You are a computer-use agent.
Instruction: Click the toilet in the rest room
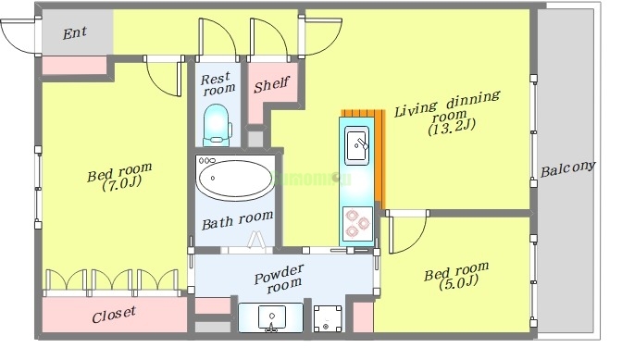point(217,125)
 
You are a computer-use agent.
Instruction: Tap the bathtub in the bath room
point(235,178)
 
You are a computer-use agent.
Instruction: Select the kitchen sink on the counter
point(356,145)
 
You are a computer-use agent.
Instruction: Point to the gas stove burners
point(357,223)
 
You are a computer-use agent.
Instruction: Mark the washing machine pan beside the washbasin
point(328,318)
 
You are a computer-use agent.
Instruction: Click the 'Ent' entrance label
point(75,33)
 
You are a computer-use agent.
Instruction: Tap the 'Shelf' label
point(272,84)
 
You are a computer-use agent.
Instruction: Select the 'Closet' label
point(114,315)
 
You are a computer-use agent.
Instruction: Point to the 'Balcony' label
point(568,169)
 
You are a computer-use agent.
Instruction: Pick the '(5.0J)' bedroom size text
point(458,282)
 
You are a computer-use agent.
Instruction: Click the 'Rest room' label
point(218,83)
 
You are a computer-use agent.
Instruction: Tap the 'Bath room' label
point(238,220)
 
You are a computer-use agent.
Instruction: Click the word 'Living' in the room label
point(416,109)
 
